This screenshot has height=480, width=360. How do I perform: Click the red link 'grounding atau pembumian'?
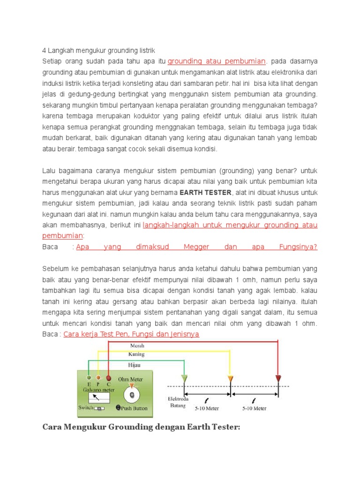click(217, 61)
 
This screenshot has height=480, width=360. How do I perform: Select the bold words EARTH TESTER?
click(205, 192)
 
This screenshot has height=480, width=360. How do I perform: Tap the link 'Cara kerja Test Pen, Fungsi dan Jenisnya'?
click(131, 334)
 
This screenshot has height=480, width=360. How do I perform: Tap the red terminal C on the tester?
click(108, 377)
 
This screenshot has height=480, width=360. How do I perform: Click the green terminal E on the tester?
click(89, 377)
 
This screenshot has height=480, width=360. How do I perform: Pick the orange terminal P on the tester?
click(98, 377)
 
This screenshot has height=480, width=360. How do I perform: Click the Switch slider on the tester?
click(99, 408)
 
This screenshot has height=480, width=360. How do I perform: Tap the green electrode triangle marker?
click(184, 378)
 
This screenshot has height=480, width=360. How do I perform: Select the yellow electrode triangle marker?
click(230, 378)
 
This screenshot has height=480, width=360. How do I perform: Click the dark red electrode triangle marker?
click(278, 378)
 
